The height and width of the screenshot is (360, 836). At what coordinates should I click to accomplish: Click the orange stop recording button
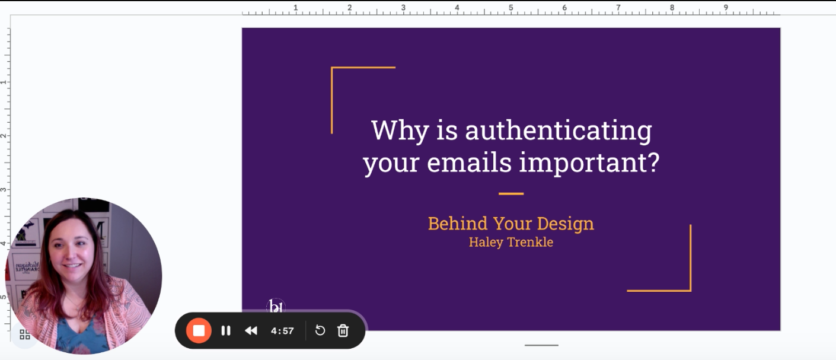tap(199, 330)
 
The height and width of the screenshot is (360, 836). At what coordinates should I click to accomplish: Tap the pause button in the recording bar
tap(226, 330)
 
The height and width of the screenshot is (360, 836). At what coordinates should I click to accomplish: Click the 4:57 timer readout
tap(283, 331)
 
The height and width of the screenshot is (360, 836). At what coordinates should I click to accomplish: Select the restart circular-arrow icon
tap(320, 330)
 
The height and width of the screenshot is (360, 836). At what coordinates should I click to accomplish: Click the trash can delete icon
tap(343, 330)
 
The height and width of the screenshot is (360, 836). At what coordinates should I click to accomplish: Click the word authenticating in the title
tap(559, 130)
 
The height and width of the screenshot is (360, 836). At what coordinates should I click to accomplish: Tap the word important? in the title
tap(590, 163)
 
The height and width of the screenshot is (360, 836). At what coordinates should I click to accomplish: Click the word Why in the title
tap(400, 130)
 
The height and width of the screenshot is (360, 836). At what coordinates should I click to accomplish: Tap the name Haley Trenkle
tap(511, 242)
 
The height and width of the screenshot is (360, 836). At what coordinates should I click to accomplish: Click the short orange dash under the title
tap(511, 194)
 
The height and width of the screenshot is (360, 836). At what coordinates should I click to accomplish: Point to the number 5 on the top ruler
tap(510, 8)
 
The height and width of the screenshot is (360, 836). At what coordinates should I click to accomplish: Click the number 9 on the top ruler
tap(726, 8)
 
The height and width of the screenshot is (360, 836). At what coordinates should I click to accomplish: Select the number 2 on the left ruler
tap(4, 136)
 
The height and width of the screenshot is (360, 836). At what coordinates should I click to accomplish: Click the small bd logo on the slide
tap(276, 307)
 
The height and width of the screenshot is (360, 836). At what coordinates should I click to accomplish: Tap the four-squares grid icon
tap(25, 334)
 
